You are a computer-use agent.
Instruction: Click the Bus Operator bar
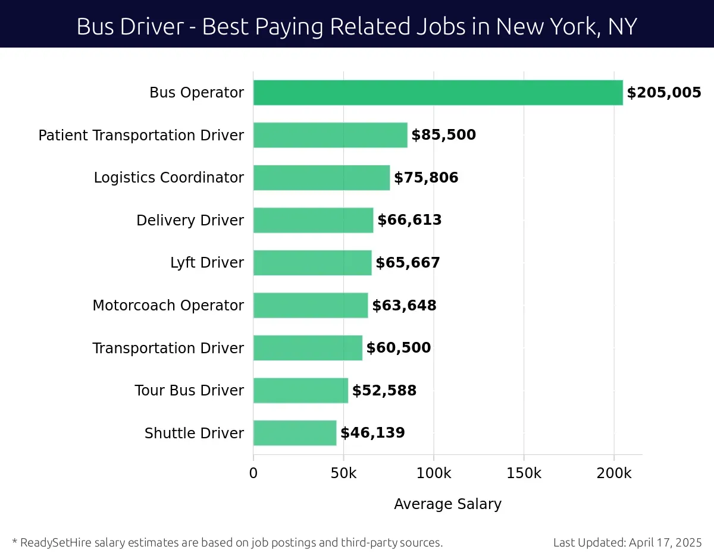tap(438, 93)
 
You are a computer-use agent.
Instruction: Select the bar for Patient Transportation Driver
tap(330, 135)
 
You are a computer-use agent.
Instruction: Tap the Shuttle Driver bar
tap(295, 433)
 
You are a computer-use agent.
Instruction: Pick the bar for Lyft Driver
tap(312, 263)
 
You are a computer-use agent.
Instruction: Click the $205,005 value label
tap(664, 93)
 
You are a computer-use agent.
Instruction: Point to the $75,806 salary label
tap(426, 178)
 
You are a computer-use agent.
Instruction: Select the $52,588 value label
tap(384, 391)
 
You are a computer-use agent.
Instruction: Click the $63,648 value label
tap(404, 306)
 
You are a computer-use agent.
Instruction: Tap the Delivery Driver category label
tap(190, 221)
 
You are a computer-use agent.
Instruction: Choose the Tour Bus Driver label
tap(189, 391)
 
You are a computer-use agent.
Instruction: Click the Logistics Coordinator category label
tap(168, 178)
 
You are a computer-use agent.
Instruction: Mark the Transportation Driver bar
tap(308, 348)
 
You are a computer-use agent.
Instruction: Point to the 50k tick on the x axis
tap(343, 474)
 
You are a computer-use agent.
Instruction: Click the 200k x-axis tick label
tap(614, 474)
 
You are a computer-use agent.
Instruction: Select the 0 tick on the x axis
tap(253, 474)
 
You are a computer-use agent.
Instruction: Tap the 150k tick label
tap(524, 474)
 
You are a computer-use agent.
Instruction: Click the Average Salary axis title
tap(447, 504)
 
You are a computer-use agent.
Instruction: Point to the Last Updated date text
tap(627, 542)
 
